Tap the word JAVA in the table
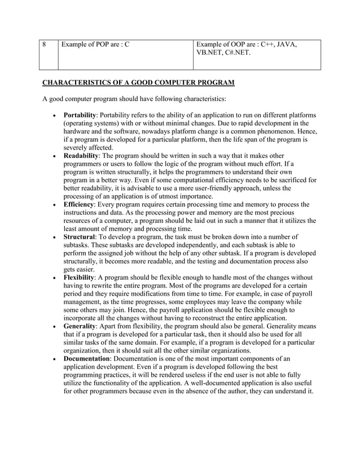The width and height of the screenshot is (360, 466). (x=285, y=45)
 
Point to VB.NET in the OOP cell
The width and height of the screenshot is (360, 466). (x=210, y=54)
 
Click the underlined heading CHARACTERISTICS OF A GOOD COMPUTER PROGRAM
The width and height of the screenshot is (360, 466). (x=139, y=83)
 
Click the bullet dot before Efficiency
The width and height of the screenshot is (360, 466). (x=53, y=205)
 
